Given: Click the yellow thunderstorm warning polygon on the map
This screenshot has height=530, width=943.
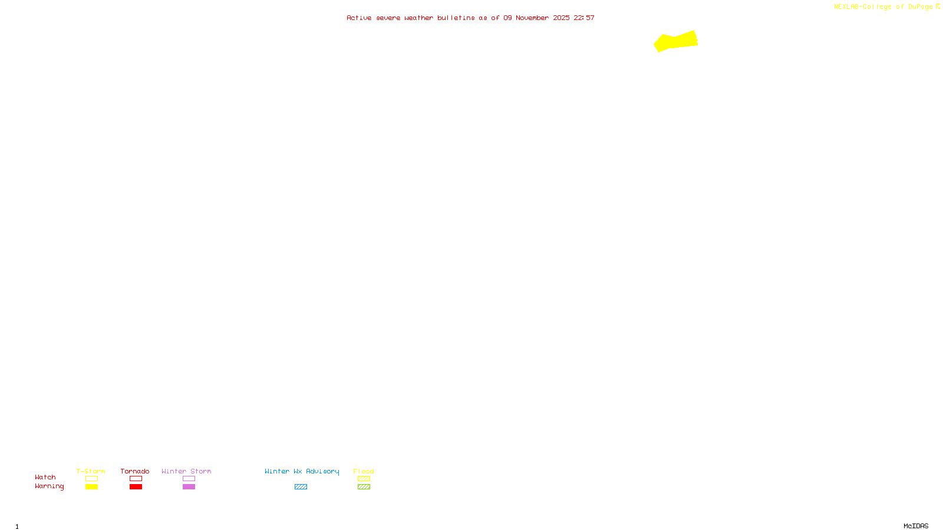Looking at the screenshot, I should [x=675, y=41].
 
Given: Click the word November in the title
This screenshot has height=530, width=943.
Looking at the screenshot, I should [x=532, y=18].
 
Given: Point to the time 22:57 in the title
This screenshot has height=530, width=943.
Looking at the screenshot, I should [x=584, y=18].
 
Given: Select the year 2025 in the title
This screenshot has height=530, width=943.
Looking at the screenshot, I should [x=561, y=18].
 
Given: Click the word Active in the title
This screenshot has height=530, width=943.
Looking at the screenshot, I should [x=359, y=18].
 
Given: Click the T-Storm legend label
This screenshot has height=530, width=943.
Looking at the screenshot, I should [x=91, y=471].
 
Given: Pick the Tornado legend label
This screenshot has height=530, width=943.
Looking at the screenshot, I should [x=135, y=471].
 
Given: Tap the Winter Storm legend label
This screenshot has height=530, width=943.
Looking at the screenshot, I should [x=186, y=471].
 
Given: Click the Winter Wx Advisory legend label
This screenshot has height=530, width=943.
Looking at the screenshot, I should [x=302, y=471].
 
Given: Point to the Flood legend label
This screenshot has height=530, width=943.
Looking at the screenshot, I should [x=364, y=471].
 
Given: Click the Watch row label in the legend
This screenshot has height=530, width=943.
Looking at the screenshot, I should [x=45, y=477].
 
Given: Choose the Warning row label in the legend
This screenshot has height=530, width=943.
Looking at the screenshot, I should [x=49, y=486].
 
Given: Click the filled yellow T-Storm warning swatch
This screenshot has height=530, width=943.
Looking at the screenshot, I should [x=91, y=487].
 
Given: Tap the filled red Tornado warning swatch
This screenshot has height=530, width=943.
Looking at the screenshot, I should [x=136, y=487].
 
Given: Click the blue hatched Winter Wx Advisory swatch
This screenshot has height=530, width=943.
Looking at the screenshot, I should [x=301, y=487].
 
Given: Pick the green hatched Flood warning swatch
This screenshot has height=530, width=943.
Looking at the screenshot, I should [x=364, y=487].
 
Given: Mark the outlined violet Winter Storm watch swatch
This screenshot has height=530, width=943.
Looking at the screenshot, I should [x=189, y=479].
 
